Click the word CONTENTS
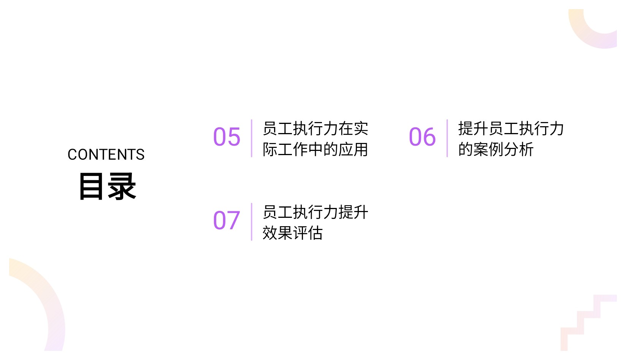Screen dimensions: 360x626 106,155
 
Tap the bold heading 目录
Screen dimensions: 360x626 107,186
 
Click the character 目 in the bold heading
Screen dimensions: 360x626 91,186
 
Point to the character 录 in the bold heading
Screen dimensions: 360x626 122,186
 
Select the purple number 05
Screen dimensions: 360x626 227,137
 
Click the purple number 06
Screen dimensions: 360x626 422,137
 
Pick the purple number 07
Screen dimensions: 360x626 227,220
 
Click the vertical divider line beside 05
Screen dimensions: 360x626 252,138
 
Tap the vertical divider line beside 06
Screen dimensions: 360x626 447,138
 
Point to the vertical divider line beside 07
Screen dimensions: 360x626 252,222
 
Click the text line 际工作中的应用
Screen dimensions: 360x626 315,149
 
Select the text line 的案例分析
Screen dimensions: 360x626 496,149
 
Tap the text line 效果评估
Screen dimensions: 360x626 292,233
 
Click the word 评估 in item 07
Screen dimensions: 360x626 307,233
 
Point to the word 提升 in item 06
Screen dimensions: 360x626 473,128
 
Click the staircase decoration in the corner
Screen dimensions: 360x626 588,322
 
